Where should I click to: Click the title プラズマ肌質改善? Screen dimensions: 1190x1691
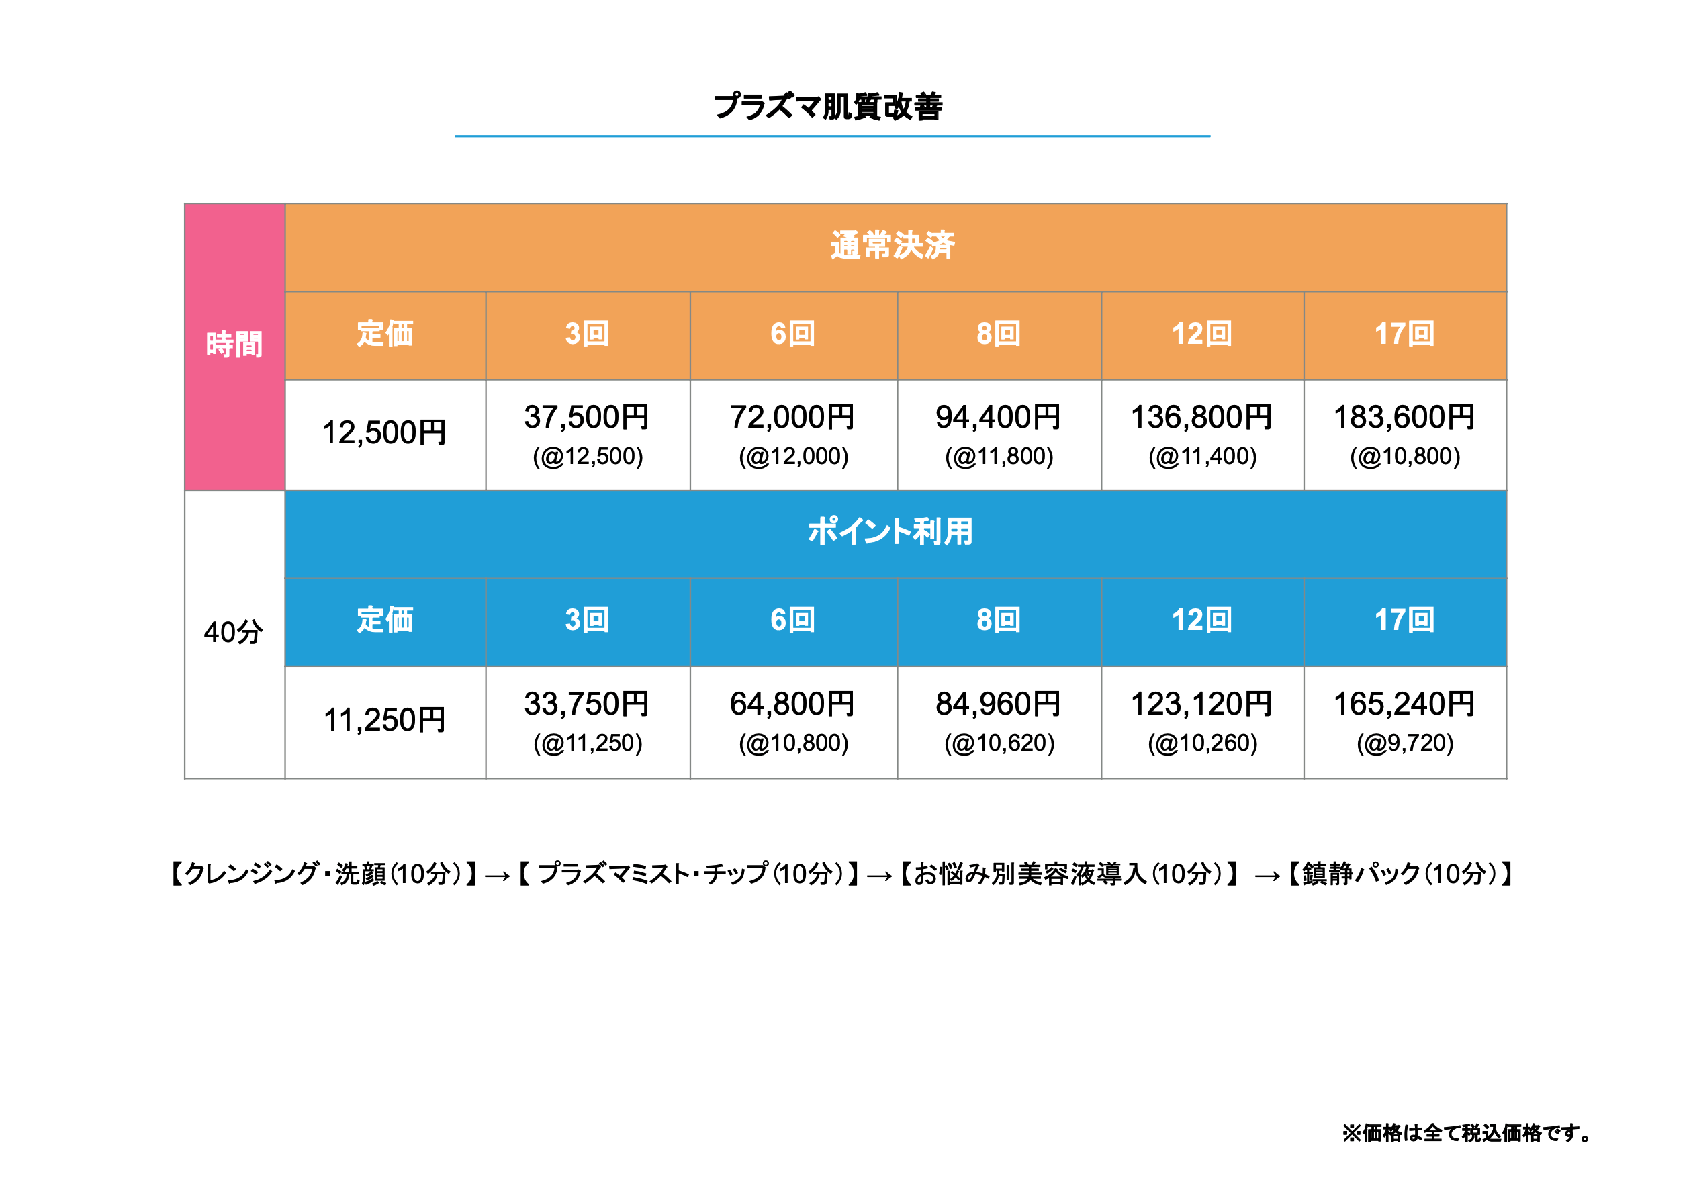pyautogui.click(x=828, y=107)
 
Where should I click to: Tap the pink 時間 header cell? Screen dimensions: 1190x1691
pyautogui.click(x=234, y=345)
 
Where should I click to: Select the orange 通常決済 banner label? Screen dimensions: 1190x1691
pyautogui.click(x=892, y=246)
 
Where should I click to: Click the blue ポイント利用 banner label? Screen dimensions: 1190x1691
pyautogui.click(x=890, y=532)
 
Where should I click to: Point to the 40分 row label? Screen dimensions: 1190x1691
pyautogui.click(x=234, y=633)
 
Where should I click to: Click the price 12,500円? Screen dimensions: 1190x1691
pyautogui.click(x=384, y=433)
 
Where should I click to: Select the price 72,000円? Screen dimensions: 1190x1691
pyautogui.click(x=792, y=418)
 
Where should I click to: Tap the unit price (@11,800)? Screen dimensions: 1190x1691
pyautogui.click(x=999, y=457)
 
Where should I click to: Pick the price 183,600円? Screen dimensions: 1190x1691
pyautogui.click(x=1404, y=418)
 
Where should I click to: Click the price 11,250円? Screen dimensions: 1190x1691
pyautogui.click(x=384, y=720)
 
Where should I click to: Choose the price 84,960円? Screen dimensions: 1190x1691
pyautogui.click(x=998, y=704)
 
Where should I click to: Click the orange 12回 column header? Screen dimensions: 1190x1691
pyautogui.click(x=1201, y=334)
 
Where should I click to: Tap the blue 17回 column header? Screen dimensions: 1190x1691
pyautogui.click(x=1404, y=621)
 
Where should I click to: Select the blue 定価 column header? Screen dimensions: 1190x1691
pyautogui.click(x=384, y=621)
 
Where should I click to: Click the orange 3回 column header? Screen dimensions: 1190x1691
pyautogui.click(x=587, y=334)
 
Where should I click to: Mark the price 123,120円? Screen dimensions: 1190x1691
pyautogui.click(x=1201, y=704)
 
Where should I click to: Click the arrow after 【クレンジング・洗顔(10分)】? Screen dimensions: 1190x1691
pyautogui.click(x=497, y=876)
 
